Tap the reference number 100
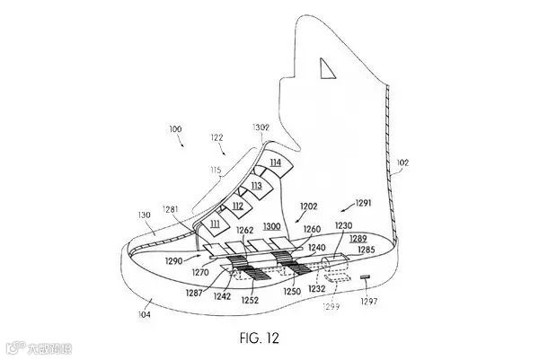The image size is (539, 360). pyautogui.click(x=174, y=130)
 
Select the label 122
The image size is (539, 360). pyautogui.click(x=217, y=137)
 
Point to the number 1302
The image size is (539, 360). pyautogui.click(x=261, y=127)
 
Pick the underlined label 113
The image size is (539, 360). pyautogui.click(x=256, y=186)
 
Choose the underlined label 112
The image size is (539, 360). pyautogui.click(x=237, y=206)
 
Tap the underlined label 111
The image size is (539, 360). pyautogui.click(x=216, y=223)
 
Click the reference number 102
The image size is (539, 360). pyautogui.click(x=402, y=162)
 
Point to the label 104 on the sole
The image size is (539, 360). pyautogui.click(x=145, y=314)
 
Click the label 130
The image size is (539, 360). pyautogui.click(x=145, y=215)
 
